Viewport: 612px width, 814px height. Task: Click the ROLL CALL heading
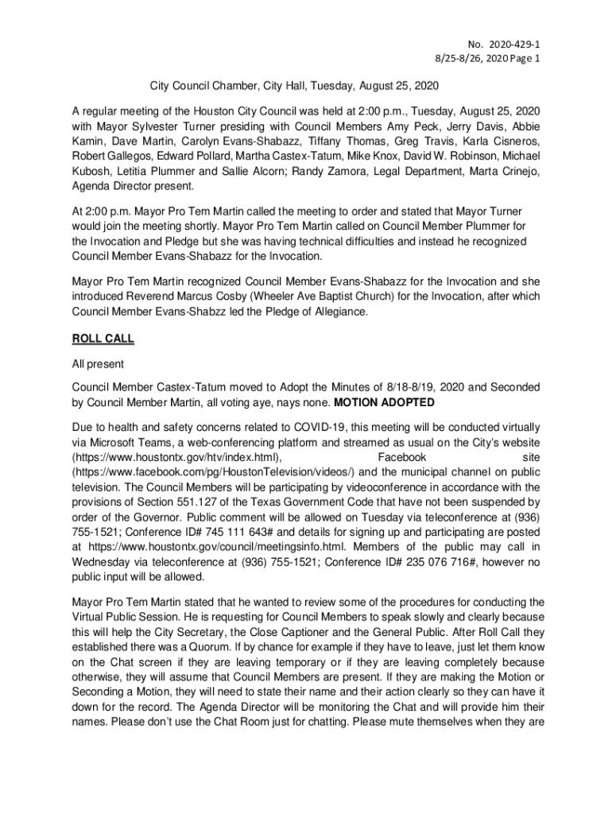[x=103, y=339]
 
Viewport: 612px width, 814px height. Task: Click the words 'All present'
[x=98, y=365]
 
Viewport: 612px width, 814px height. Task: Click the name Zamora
[x=382, y=172]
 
